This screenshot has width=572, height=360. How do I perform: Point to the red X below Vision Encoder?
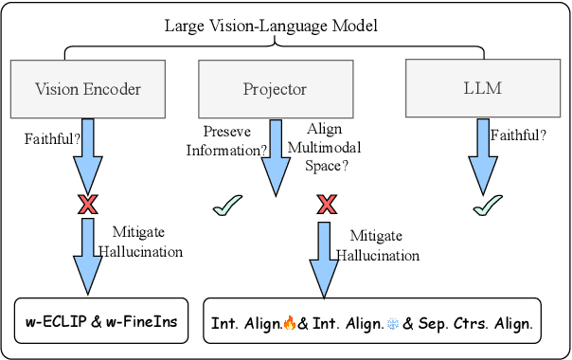coord(88,205)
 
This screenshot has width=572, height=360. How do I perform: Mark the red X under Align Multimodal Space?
coord(327,205)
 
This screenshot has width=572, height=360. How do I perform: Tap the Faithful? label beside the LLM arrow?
coord(518,135)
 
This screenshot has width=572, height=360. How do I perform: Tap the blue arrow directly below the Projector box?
coord(275,156)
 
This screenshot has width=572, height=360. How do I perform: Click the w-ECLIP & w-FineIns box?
coord(107,322)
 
